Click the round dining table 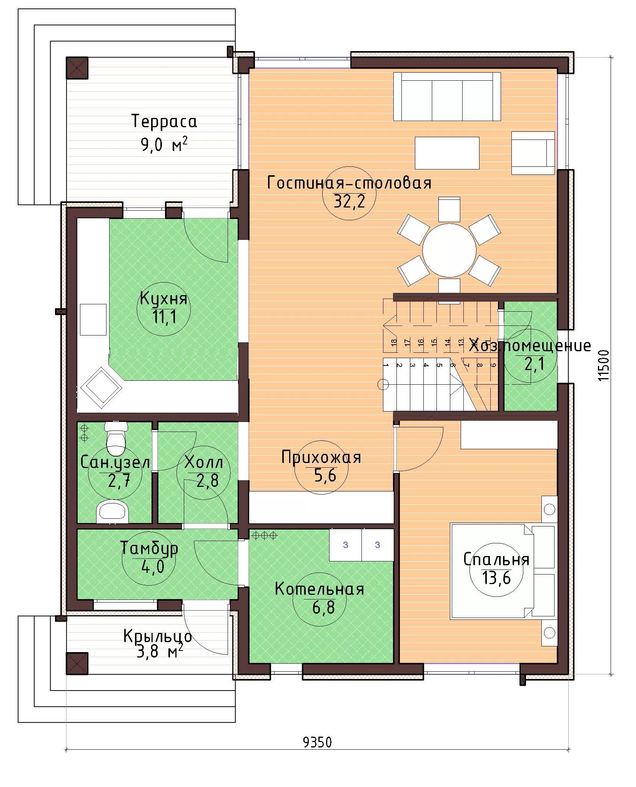tap(449, 250)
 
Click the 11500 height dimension tap(604, 365)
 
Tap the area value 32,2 tap(349, 201)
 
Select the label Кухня tap(163, 298)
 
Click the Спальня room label tap(496, 560)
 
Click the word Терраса tap(164, 121)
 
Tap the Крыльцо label tap(158, 637)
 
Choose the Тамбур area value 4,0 tap(149, 567)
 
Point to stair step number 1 tap(386, 365)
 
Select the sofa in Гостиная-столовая tap(447, 97)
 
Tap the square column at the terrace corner tap(77, 68)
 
